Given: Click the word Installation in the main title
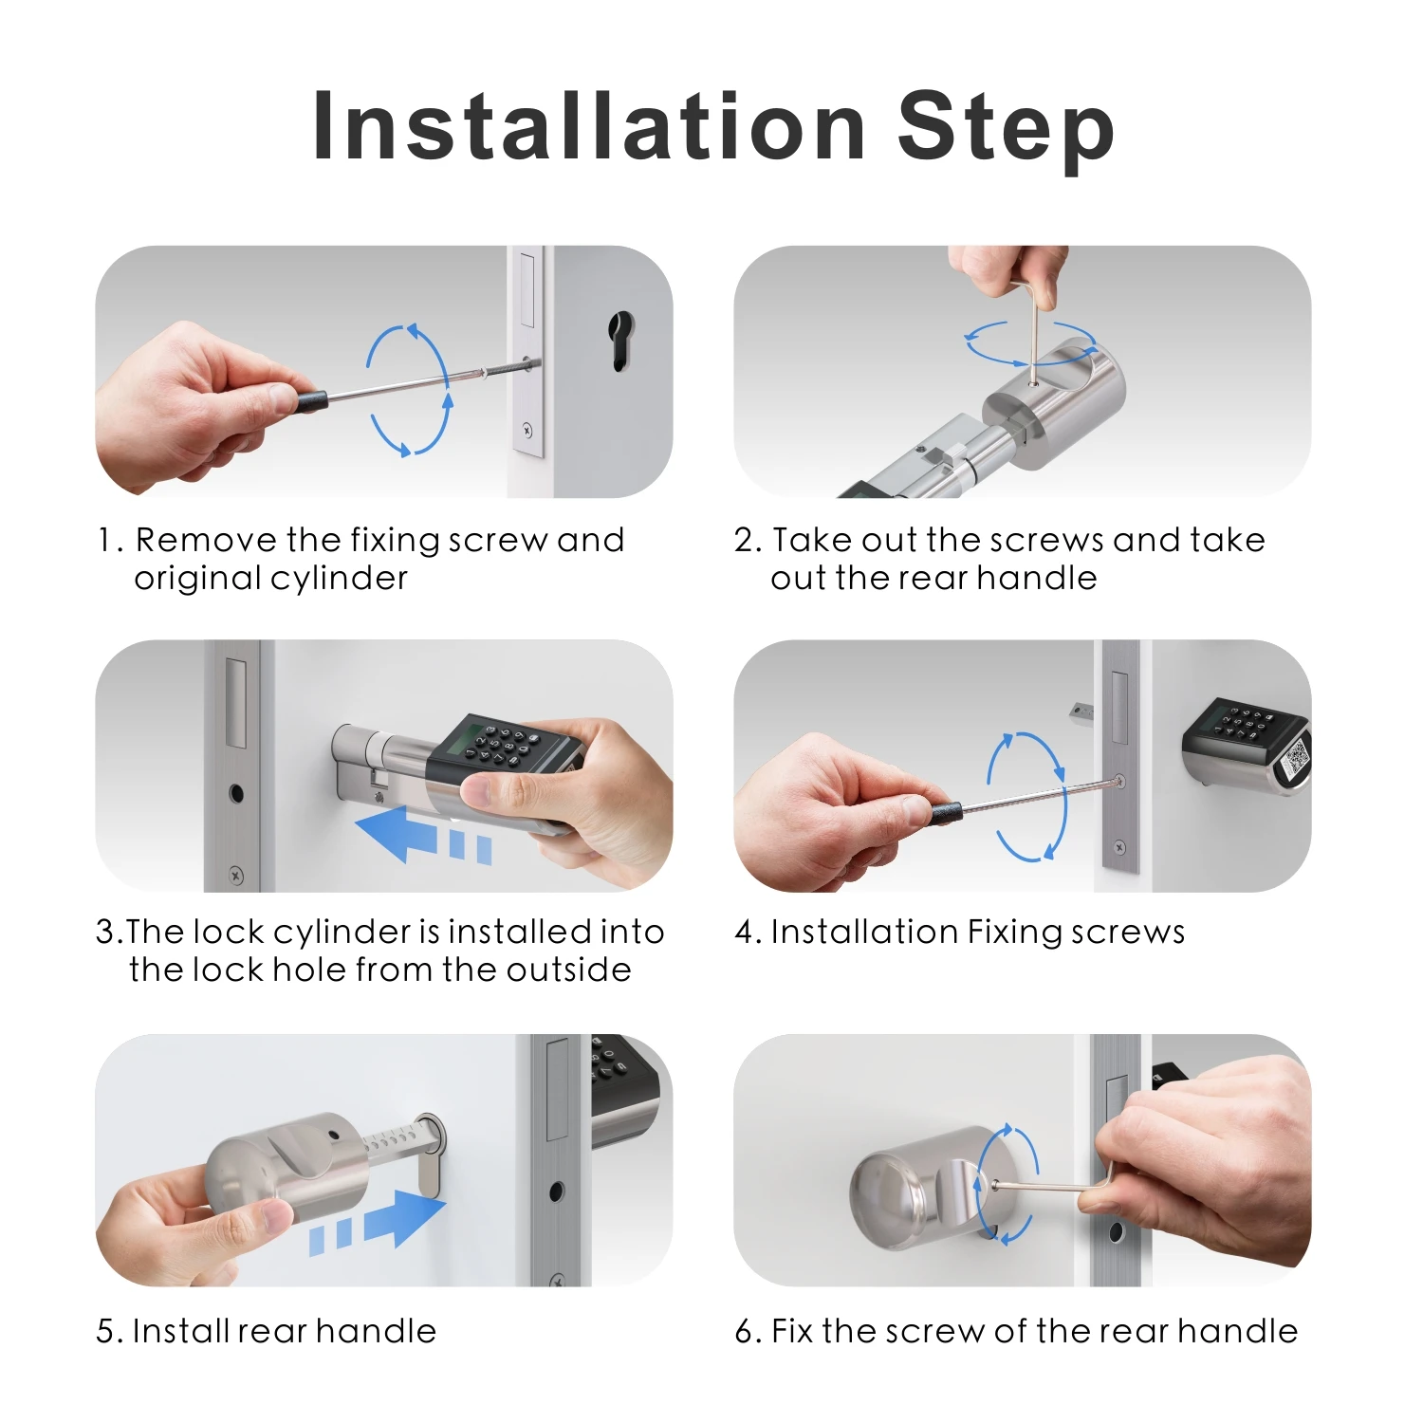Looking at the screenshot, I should pos(588,128).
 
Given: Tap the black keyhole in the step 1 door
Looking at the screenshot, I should pos(619,342).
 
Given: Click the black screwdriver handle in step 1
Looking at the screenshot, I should pos(310,399).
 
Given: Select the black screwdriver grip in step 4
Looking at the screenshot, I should pos(945,812).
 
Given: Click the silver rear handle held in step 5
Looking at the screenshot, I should pos(285,1167).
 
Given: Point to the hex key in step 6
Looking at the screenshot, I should pos(1053,1186).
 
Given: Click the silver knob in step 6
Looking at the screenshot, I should pos(911,1186).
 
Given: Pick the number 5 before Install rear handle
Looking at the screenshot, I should pos(105,1331).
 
